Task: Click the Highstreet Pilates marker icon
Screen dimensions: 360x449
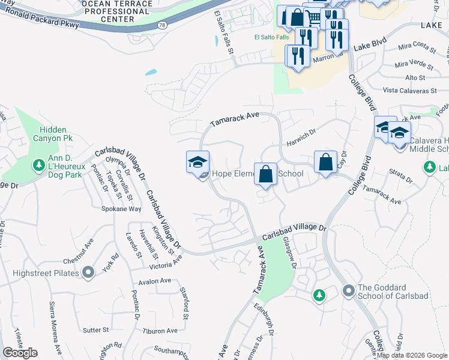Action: (89, 274)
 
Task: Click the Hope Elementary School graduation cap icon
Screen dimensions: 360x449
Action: (197, 163)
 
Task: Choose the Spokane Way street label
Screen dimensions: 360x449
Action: (121, 209)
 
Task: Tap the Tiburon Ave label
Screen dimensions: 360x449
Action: (160, 331)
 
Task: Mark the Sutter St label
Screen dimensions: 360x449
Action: (95, 329)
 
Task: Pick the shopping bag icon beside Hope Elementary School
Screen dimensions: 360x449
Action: (265, 175)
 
